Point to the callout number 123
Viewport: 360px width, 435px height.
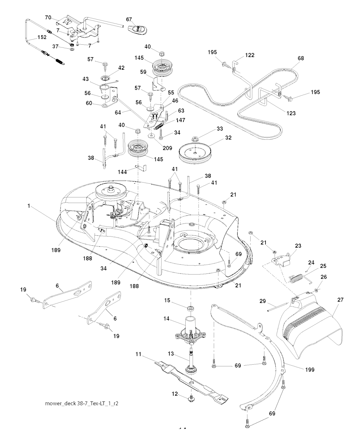coord(291,113)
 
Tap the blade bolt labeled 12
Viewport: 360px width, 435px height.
coord(192,399)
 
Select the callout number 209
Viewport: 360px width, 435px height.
coord(167,148)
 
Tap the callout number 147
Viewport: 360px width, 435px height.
coord(181,120)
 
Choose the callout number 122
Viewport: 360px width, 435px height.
coord(250,55)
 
